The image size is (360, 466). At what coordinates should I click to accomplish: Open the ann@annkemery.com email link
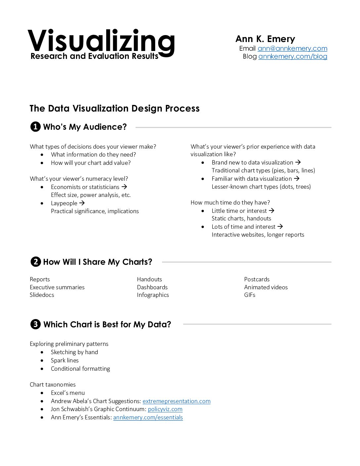click(x=292, y=48)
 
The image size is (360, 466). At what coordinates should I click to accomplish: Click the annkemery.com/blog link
click(x=292, y=56)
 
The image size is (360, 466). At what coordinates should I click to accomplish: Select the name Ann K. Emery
click(x=265, y=39)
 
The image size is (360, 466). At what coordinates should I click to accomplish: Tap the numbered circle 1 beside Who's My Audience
click(x=35, y=127)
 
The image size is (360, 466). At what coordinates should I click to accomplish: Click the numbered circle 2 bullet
click(x=35, y=262)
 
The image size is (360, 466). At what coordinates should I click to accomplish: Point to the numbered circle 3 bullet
click(x=35, y=324)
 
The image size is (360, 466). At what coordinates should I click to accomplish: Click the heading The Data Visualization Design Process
click(x=114, y=109)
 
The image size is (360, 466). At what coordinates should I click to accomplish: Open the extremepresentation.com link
click(x=176, y=401)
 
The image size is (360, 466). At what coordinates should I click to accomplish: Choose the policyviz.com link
click(x=165, y=409)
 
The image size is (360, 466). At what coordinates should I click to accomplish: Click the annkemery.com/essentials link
click(x=148, y=417)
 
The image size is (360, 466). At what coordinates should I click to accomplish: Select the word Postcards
click(x=257, y=279)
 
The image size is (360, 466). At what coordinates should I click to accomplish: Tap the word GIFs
click(x=249, y=295)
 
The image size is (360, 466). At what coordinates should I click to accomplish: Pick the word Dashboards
click(x=152, y=287)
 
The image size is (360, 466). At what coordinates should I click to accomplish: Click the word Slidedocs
click(x=42, y=295)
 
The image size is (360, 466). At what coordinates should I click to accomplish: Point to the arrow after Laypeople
click(x=82, y=203)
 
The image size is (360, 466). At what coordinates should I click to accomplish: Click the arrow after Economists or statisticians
click(x=124, y=187)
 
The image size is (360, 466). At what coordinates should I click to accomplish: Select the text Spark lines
click(x=65, y=360)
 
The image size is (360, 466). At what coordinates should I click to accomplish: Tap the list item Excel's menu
click(x=67, y=393)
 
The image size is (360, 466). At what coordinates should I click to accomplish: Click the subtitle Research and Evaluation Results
click(x=94, y=56)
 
